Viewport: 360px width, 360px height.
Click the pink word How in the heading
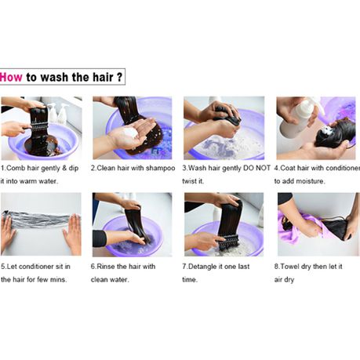coord(11,78)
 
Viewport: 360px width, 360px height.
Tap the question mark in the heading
coord(119,77)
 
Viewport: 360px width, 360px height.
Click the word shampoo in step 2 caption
coord(160,168)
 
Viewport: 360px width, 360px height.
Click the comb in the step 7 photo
coord(228,242)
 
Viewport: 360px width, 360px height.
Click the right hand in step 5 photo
coord(72,233)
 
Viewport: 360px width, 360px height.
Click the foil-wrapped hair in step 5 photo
coord(38,220)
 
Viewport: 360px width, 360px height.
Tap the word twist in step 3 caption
coord(189,181)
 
